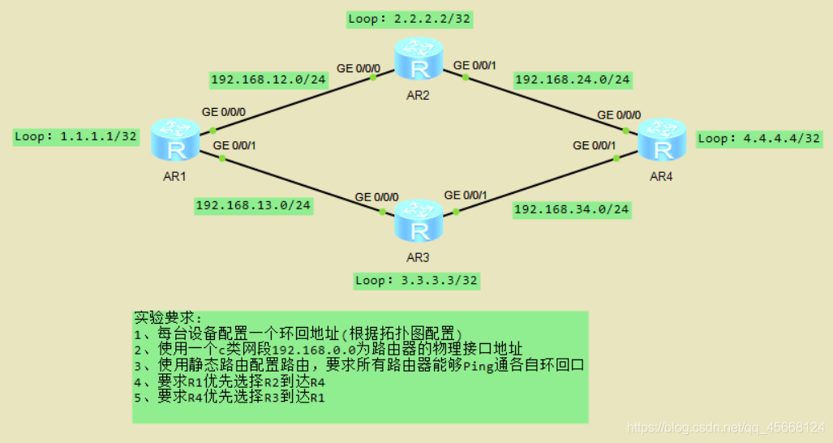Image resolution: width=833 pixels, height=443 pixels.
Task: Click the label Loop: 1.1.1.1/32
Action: (75, 136)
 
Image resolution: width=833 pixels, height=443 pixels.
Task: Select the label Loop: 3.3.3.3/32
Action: (416, 281)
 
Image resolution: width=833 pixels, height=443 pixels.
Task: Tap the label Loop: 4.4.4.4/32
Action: (759, 138)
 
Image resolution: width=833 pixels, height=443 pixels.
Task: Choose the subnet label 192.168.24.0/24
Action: (573, 80)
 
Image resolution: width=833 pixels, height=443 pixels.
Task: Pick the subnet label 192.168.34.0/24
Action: (572, 210)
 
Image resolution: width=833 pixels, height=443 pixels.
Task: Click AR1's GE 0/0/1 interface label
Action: (234, 146)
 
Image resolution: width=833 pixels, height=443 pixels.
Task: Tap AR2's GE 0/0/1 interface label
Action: (476, 65)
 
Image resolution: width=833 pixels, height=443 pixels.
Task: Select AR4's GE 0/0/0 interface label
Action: (619, 115)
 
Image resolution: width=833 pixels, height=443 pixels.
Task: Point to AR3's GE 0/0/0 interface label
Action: (377, 197)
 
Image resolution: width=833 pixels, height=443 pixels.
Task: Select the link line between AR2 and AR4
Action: (543, 102)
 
